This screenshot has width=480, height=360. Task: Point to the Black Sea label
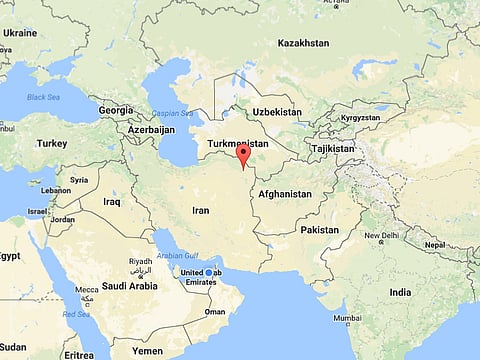coord(43,97)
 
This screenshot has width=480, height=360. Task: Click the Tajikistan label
coord(332,148)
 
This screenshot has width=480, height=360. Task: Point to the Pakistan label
coord(320,229)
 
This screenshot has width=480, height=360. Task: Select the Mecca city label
coord(87,290)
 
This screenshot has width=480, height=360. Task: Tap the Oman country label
coord(214,311)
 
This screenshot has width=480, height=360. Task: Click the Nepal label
coord(434,244)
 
